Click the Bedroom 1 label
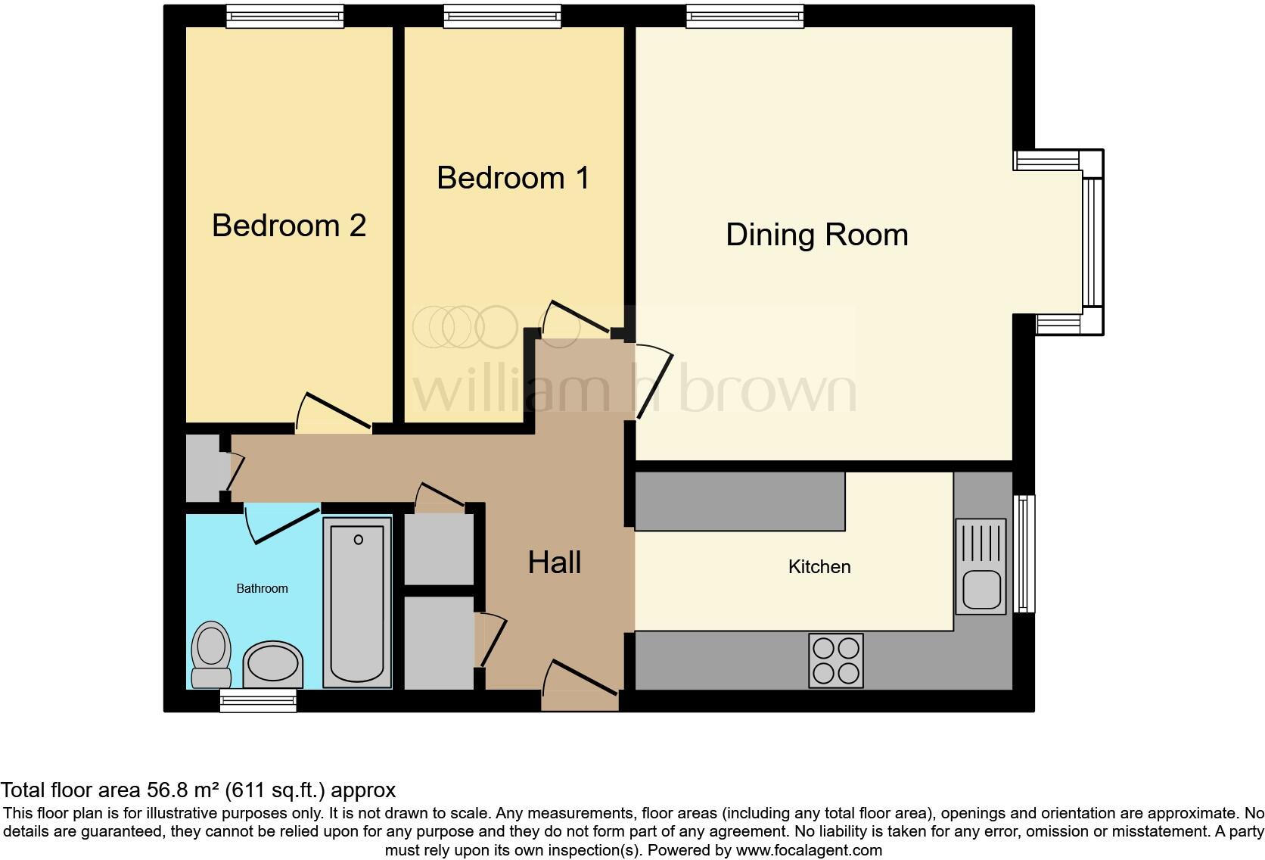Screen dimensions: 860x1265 click(513, 178)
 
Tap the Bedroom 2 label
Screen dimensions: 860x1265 click(289, 226)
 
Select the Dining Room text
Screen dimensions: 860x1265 click(816, 235)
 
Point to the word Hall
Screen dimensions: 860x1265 click(555, 562)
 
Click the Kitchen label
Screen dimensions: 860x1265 click(819, 566)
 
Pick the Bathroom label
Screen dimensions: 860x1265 click(262, 588)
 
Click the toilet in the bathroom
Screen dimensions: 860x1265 click(211, 653)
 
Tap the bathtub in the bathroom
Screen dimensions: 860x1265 click(357, 602)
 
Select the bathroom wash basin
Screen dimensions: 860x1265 click(272, 664)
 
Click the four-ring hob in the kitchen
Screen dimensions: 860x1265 click(835, 660)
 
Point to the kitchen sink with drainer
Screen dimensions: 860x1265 click(981, 566)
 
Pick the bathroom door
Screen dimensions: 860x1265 click(281, 525)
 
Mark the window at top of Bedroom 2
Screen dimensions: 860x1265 click(284, 16)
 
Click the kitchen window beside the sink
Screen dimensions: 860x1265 click(1024, 553)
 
